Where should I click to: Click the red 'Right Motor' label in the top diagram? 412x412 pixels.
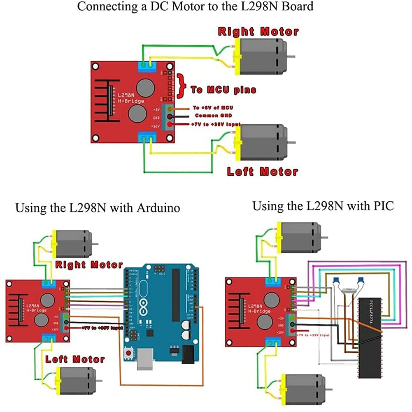(x=258, y=32)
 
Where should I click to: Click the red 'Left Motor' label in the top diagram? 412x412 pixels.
(x=262, y=172)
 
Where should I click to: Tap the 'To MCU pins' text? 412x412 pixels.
(x=223, y=89)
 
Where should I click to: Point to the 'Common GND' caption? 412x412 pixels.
(x=212, y=116)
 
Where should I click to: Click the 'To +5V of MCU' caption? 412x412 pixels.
(x=213, y=107)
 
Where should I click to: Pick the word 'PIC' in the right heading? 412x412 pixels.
(x=384, y=206)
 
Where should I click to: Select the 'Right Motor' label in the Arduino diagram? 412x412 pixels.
(x=89, y=265)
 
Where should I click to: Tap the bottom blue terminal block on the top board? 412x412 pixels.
(x=147, y=137)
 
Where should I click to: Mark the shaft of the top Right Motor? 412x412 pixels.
(x=291, y=57)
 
